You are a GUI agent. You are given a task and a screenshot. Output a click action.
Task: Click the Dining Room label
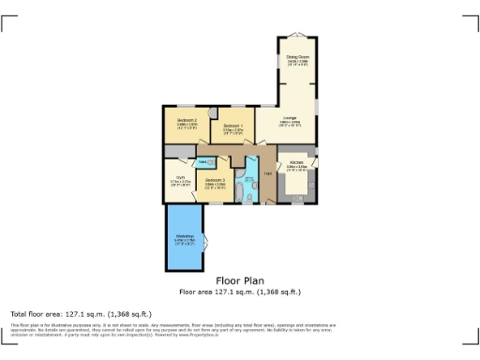297,61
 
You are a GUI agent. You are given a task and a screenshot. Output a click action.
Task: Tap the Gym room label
176,181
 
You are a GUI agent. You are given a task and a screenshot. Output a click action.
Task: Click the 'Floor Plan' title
239,280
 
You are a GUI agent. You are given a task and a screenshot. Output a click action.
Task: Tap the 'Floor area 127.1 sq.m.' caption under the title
239,292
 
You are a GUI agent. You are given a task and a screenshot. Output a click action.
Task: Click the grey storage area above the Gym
176,152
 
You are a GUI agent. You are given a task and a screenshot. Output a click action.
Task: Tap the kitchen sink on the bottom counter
295,198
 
